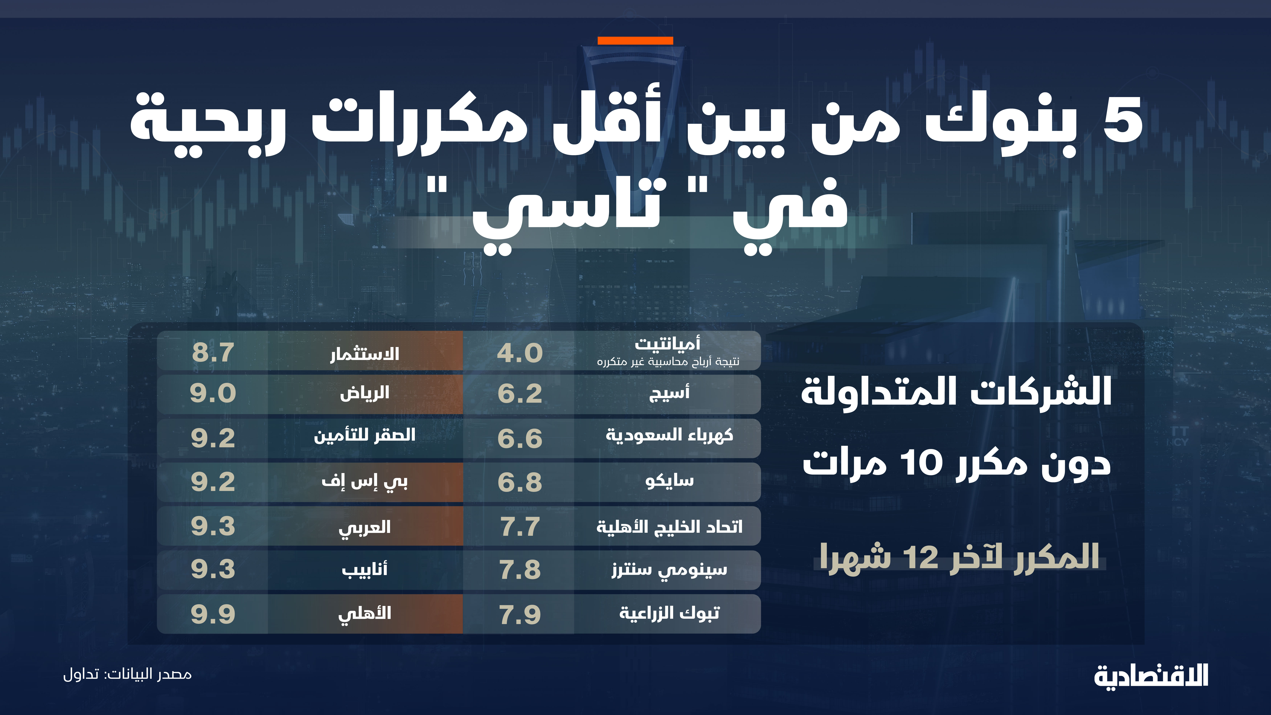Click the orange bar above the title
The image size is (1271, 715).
click(x=635, y=40)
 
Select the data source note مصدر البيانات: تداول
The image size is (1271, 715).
click(x=127, y=674)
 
